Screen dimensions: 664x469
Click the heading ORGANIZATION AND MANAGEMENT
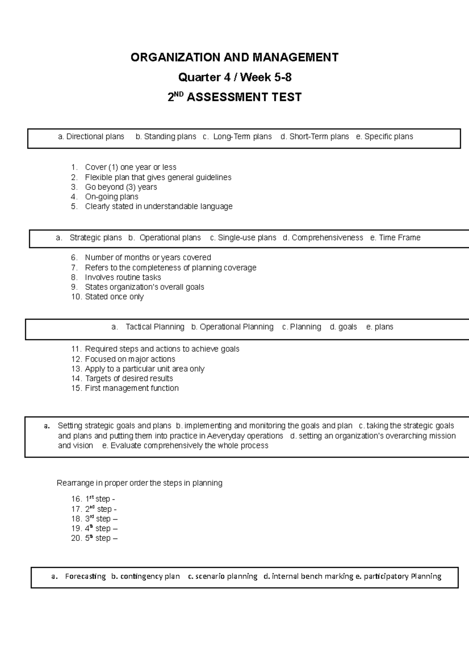(x=234, y=57)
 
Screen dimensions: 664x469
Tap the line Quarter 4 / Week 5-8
(x=234, y=77)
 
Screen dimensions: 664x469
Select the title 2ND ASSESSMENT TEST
(x=234, y=97)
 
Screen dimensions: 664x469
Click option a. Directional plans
(x=91, y=136)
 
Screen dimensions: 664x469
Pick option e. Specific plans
(x=385, y=136)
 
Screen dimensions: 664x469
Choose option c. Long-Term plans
(x=237, y=136)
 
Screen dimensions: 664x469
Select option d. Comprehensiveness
(x=323, y=237)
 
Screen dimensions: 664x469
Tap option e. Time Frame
(x=395, y=237)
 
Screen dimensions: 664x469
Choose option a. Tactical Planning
(x=148, y=327)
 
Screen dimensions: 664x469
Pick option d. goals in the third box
(x=344, y=327)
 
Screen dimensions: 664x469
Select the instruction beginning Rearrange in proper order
(x=140, y=483)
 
